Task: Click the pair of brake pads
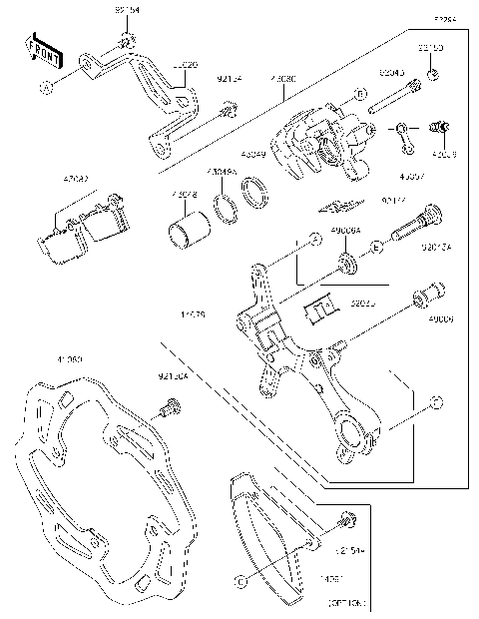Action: coord(85,229)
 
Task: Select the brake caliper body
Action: coord(314,145)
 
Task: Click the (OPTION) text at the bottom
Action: coord(346,604)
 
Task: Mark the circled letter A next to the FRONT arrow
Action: coord(45,88)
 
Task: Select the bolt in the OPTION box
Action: coord(345,520)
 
